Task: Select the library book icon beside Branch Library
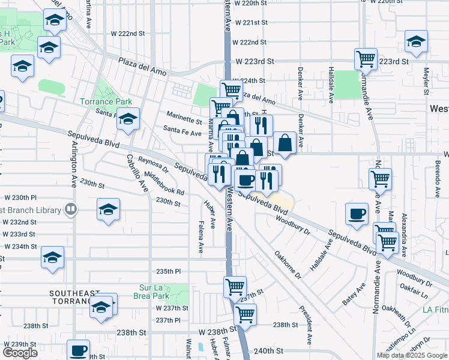pos(71,209)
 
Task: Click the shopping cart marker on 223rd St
pos(366,59)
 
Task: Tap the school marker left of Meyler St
pos(416,41)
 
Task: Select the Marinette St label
pos(185,121)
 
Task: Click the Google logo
pos(20,353)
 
